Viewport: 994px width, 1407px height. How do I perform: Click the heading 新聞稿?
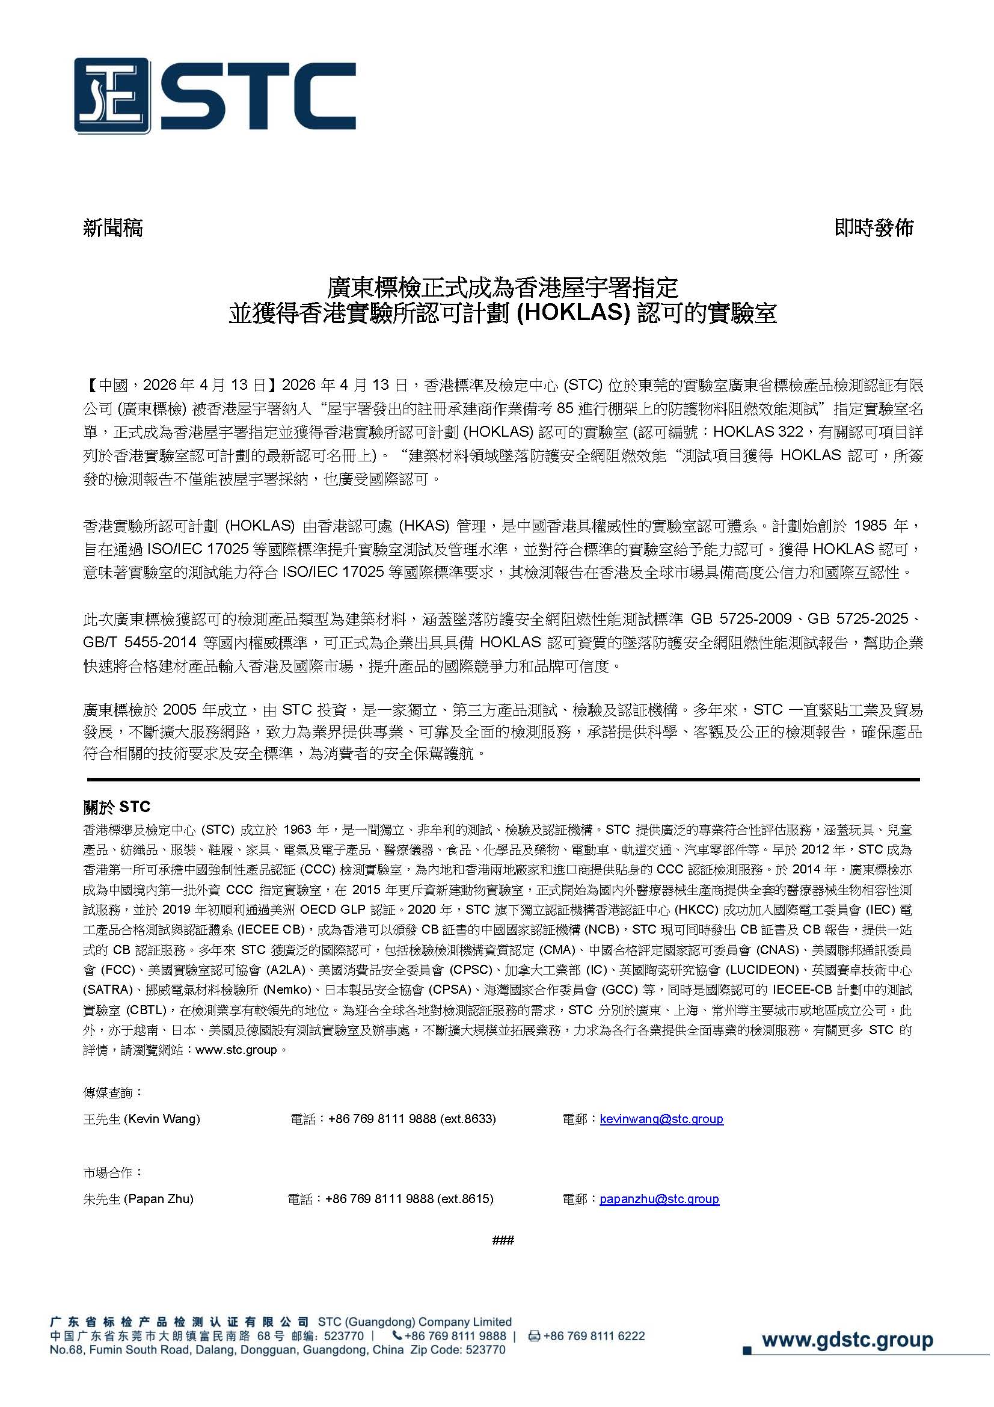tap(112, 228)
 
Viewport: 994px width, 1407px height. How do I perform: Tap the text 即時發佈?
tap(874, 228)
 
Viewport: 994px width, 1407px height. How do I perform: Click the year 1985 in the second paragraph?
tap(870, 526)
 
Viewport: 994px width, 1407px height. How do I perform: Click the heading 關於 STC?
tap(117, 807)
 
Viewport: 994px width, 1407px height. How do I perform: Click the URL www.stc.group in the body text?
tap(236, 1050)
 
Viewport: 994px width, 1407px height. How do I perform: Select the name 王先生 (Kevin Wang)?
tap(141, 1119)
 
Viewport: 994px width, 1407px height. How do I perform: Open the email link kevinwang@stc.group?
tap(661, 1119)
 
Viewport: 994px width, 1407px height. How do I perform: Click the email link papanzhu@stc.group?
tap(659, 1199)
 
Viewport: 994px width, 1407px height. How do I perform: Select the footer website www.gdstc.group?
tap(847, 1340)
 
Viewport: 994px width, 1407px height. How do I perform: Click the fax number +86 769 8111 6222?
tap(594, 1336)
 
